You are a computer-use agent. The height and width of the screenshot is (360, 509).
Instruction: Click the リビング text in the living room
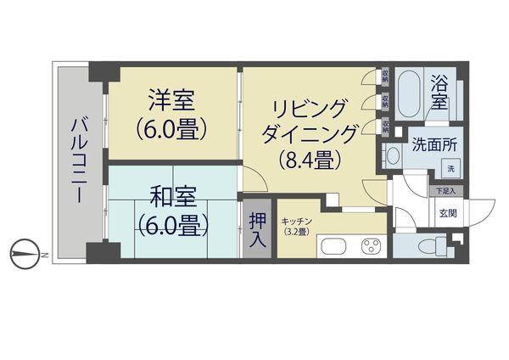(310, 109)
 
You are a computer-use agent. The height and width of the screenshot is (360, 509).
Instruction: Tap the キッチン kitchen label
(297, 221)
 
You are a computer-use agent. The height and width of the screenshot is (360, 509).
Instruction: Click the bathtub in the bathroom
(411, 95)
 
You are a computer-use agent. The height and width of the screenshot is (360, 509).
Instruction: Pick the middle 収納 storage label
(386, 101)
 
